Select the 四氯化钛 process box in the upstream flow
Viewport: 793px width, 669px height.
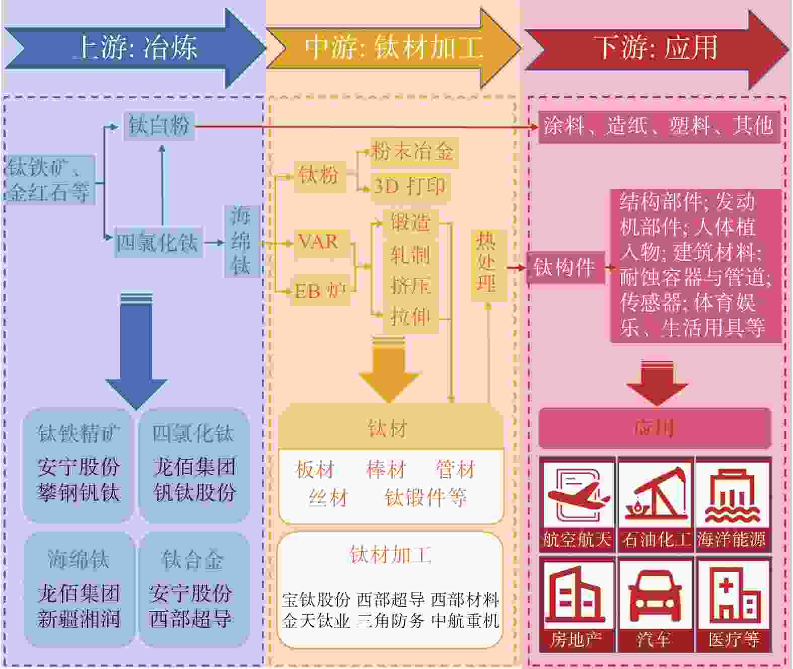coord(158,243)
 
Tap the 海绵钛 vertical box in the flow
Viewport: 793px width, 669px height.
coord(241,241)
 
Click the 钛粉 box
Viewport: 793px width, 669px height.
coord(319,176)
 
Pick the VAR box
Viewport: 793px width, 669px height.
coord(319,242)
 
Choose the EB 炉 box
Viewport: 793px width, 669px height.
coord(320,291)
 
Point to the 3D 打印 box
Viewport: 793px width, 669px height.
coord(410,187)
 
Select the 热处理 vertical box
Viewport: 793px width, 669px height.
coord(487,263)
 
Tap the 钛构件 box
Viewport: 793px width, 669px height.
coord(564,267)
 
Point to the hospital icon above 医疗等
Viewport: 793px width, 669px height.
coord(734,594)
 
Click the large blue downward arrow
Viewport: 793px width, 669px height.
coord(136,352)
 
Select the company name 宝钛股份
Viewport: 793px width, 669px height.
coord(316,600)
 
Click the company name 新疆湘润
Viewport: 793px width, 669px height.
coord(79,619)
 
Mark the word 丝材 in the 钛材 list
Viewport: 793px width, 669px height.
coord(328,498)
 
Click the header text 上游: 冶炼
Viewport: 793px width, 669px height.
coord(135,48)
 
